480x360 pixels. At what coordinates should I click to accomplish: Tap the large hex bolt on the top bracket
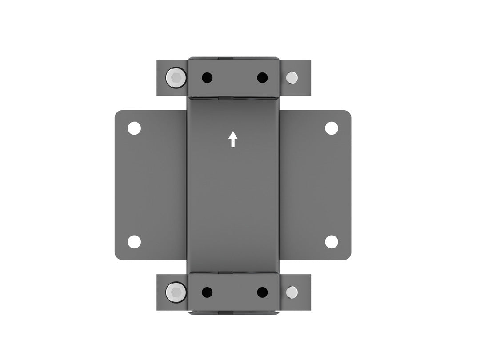click(x=176, y=78)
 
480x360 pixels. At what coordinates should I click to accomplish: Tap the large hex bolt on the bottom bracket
click(x=176, y=292)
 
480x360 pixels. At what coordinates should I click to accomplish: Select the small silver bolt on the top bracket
click(x=292, y=78)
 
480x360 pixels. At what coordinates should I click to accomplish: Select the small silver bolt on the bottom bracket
click(x=292, y=292)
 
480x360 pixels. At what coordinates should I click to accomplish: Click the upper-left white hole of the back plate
click(x=134, y=128)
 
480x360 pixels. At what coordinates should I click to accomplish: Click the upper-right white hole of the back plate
click(x=331, y=128)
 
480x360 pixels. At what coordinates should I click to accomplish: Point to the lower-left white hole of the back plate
click(x=134, y=242)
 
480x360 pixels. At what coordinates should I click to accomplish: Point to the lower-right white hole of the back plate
click(x=331, y=242)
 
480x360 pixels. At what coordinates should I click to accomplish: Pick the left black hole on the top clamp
click(x=207, y=78)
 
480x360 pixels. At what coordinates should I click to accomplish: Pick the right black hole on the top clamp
click(x=262, y=78)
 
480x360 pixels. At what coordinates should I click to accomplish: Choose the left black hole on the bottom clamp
click(x=207, y=292)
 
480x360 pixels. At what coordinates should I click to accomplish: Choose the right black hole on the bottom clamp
click(x=262, y=292)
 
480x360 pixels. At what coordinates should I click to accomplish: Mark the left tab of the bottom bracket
click(x=162, y=304)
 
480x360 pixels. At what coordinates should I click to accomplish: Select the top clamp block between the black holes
click(x=234, y=78)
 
